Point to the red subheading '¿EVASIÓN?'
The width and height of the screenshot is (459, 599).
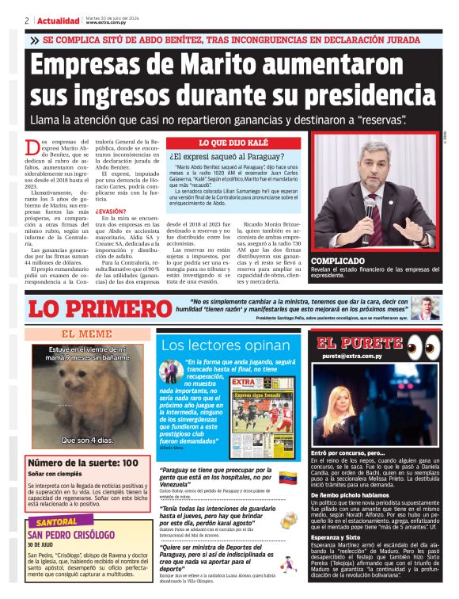tap(110, 212)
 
